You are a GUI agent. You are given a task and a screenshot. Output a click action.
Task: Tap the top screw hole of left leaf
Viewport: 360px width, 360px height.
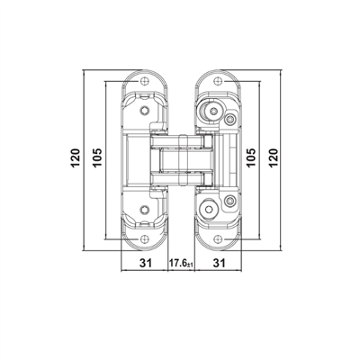click(144, 79)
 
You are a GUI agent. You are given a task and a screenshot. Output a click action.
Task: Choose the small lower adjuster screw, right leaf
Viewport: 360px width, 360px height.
click(230, 199)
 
